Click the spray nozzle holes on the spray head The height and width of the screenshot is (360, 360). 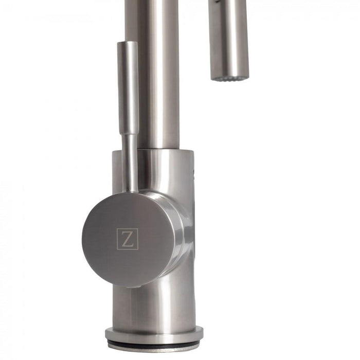coord(229,79)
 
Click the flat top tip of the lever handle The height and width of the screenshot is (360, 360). coord(128,43)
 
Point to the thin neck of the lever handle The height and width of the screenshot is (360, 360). coord(130,159)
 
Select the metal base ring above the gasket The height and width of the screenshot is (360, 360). coord(154,334)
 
